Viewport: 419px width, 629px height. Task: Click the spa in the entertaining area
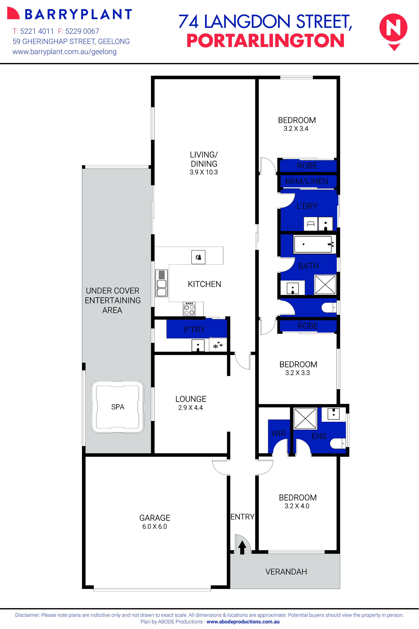click(x=118, y=407)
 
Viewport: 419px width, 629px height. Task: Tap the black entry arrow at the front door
click(x=242, y=547)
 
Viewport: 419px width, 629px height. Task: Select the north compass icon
click(x=393, y=29)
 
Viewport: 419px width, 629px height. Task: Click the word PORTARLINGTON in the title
click(x=265, y=41)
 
